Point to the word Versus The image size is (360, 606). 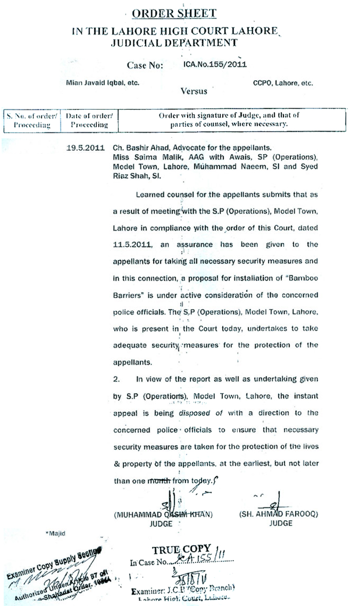[x=194, y=91]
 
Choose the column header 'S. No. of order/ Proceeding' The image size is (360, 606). [x=32, y=120]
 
